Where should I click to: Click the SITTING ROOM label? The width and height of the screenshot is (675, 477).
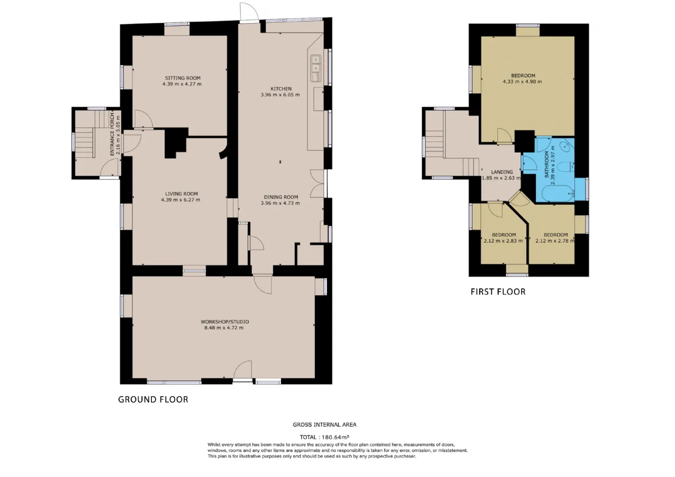pos(182,78)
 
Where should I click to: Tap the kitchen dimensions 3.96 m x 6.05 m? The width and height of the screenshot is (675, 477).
pos(280,94)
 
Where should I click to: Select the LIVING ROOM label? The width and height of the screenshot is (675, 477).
pos(181,194)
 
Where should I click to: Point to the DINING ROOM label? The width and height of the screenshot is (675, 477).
pos(281,197)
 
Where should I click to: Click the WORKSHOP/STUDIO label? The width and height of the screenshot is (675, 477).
pos(225,322)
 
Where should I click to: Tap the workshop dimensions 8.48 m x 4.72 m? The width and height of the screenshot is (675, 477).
pos(224,328)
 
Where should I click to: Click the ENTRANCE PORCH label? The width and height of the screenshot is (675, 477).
pos(112,134)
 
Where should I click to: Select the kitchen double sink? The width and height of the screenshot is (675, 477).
pos(316,68)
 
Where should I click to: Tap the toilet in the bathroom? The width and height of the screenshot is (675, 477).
pos(566,166)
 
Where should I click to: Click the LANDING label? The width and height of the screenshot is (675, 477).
pos(502,172)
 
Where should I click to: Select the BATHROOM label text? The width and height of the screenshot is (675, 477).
pos(547,164)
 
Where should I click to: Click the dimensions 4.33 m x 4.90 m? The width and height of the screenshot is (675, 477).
pos(522,81)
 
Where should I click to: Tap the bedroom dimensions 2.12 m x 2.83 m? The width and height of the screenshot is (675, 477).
pos(503,241)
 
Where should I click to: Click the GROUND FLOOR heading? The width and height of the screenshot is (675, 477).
pos(153,399)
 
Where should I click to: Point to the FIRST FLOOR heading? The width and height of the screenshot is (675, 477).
pos(498,292)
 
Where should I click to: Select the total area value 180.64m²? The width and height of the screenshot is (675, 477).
pos(335,437)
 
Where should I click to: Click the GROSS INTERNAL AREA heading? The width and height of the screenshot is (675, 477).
pos(324,425)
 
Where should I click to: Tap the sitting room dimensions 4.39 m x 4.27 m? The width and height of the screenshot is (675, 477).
pos(182,84)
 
